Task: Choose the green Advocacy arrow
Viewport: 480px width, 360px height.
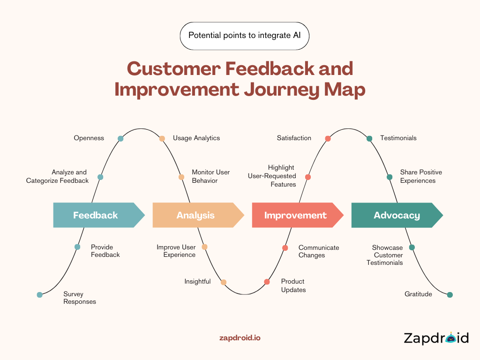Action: coord(397,215)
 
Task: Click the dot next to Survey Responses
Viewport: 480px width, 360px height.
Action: coord(40,295)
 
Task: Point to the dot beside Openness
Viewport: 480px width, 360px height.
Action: coord(120,138)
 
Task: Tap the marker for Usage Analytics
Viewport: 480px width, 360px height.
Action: coord(162,138)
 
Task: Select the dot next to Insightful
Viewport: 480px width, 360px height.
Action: coord(224,282)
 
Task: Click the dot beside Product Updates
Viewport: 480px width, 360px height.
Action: coord(267,282)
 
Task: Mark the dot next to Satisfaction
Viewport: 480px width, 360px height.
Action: coord(328,138)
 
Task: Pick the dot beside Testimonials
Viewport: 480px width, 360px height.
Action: coord(369,138)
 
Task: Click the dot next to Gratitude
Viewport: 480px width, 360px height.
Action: coord(450,295)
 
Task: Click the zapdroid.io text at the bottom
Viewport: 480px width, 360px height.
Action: coord(240,337)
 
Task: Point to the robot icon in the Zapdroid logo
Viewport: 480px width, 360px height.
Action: coord(451,337)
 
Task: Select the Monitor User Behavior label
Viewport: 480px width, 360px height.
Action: coord(210,176)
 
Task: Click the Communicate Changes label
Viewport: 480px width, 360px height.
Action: coord(318,251)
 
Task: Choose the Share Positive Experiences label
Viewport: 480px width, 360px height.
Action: coord(420,176)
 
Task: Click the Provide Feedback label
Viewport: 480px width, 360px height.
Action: coord(105,251)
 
